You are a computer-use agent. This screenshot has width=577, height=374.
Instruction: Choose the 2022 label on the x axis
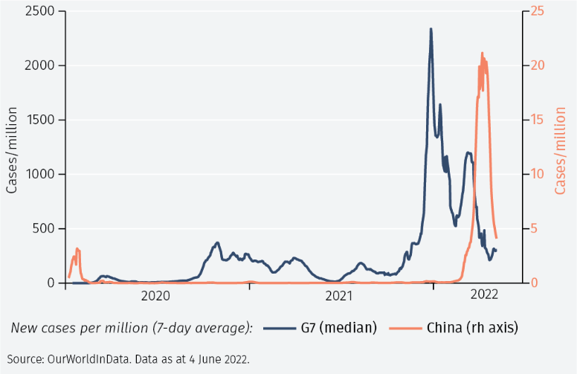point(484,294)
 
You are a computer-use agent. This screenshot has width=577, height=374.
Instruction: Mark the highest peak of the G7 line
point(431,29)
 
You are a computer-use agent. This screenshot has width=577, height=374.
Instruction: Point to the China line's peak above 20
point(482,54)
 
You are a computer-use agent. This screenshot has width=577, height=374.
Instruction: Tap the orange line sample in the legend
point(406,327)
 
